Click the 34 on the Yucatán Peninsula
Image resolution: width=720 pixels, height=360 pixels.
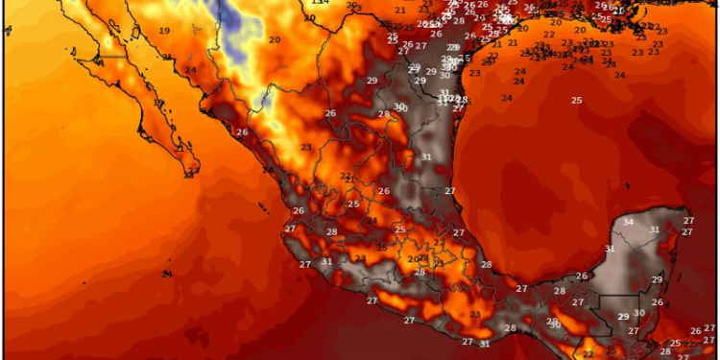point(628,223)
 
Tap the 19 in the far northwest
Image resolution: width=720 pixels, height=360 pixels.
point(164,31)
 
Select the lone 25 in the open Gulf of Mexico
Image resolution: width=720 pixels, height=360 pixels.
point(576,100)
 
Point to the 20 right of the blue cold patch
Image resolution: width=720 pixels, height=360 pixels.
point(275,39)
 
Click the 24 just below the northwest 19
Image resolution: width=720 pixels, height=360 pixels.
point(190,69)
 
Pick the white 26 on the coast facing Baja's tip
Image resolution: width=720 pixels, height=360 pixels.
point(242,132)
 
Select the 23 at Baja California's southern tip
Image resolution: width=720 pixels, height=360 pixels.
point(192,172)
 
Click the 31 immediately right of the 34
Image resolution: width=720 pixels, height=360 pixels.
point(654,229)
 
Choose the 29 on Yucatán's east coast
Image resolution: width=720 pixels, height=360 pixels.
point(657,279)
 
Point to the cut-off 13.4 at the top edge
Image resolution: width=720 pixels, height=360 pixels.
point(320,3)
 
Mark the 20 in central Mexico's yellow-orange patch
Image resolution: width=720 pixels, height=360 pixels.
point(412,259)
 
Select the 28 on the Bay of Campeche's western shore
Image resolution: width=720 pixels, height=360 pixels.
point(486,264)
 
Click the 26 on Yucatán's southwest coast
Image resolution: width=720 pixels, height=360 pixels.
point(581,276)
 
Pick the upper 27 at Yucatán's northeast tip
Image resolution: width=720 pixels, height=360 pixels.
point(687,221)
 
